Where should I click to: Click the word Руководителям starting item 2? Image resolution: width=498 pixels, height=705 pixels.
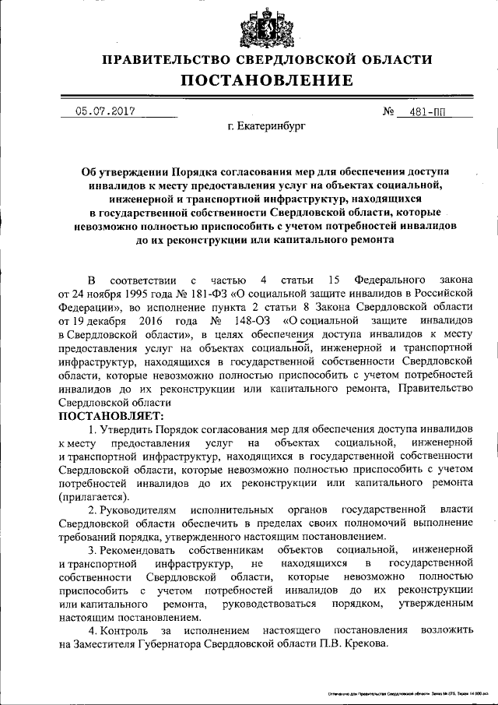point(142,510)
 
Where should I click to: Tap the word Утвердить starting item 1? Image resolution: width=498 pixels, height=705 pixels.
point(126,430)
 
